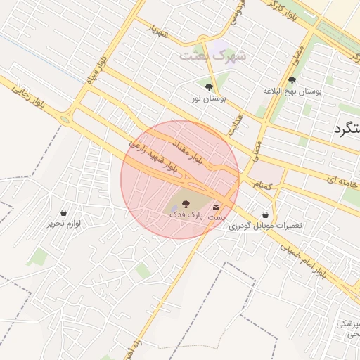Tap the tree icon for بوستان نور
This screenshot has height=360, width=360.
click(209, 88)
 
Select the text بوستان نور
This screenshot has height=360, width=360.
click(209, 99)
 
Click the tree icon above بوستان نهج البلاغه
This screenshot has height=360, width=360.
click(292, 80)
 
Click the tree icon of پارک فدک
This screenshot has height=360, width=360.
click(186, 203)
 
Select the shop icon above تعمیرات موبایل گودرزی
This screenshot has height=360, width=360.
click(265, 215)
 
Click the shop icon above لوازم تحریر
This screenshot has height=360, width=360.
click(64, 212)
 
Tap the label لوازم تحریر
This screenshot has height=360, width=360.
click(64, 224)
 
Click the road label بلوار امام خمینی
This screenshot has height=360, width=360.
click(302, 259)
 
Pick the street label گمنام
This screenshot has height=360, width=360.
click(262, 185)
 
